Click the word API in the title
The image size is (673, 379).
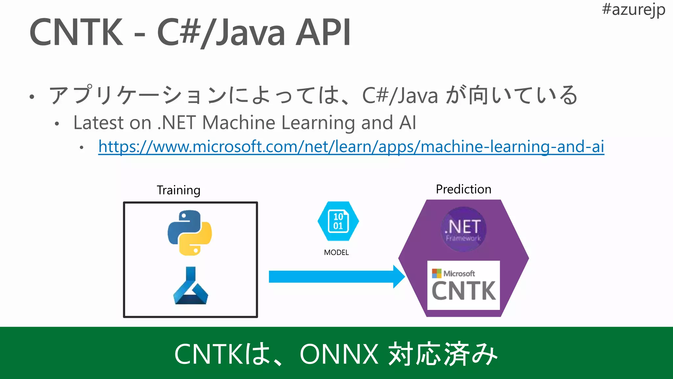coord(323,32)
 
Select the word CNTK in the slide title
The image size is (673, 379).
coord(76,32)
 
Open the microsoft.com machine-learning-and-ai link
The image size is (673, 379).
coord(351,146)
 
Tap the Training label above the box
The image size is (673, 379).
coord(178,190)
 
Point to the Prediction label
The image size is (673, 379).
coord(463,189)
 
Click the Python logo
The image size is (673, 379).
coord(190,233)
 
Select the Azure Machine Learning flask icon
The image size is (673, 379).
coord(191,286)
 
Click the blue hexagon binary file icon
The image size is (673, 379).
coord(338,221)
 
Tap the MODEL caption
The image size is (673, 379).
coord(336,252)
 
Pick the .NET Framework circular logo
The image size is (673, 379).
coord(463,229)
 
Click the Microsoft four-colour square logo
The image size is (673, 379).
coord(437,273)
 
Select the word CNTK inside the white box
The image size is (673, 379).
coord(463,291)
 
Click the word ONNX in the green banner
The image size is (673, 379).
coord(339,354)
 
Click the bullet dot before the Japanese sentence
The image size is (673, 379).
coord(32,97)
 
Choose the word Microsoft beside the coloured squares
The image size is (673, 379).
coord(459,273)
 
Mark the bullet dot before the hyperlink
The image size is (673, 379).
coord(81,147)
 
